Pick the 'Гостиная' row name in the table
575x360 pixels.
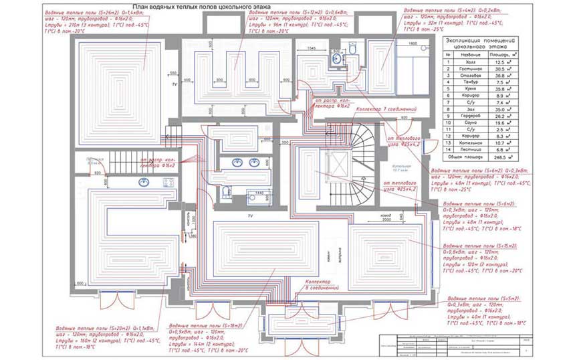click(x=473, y=68)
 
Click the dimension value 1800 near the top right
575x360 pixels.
click(x=413, y=44)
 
